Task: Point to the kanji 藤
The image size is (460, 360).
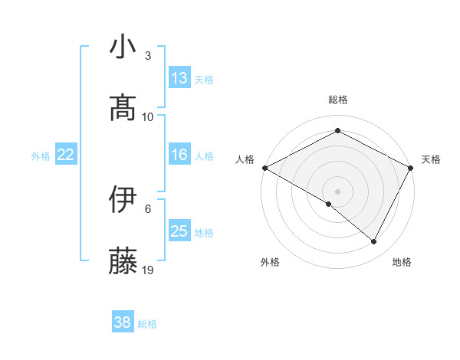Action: pyautogui.click(x=123, y=260)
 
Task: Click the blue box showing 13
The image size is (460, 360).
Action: pyautogui.click(x=179, y=78)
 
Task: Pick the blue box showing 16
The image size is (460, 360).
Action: pyautogui.click(x=179, y=155)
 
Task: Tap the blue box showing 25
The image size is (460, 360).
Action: pyautogui.click(x=179, y=231)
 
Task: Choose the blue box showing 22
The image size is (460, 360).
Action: pyautogui.click(x=66, y=155)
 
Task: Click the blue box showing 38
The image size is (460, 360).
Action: pyautogui.click(x=123, y=322)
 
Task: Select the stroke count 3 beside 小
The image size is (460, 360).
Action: pyautogui.click(x=148, y=56)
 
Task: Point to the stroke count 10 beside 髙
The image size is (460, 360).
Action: pyautogui.click(x=148, y=116)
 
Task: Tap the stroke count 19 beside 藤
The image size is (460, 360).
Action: pyautogui.click(x=148, y=270)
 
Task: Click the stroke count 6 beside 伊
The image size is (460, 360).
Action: pyautogui.click(x=148, y=208)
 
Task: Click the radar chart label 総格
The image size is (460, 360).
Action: pyautogui.click(x=338, y=100)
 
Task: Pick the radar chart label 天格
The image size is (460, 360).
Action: pyautogui.click(x=431, y=159)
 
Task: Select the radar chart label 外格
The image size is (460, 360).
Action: pyautogui.click(x=270, y=262)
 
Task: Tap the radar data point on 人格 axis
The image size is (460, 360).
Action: pyautogui.click(x=264, y=168)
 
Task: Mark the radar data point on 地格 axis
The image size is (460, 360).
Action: pyautogui.click(x=374, y=241)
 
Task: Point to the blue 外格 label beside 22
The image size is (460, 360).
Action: pyautogui.click(x=41, y=156)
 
